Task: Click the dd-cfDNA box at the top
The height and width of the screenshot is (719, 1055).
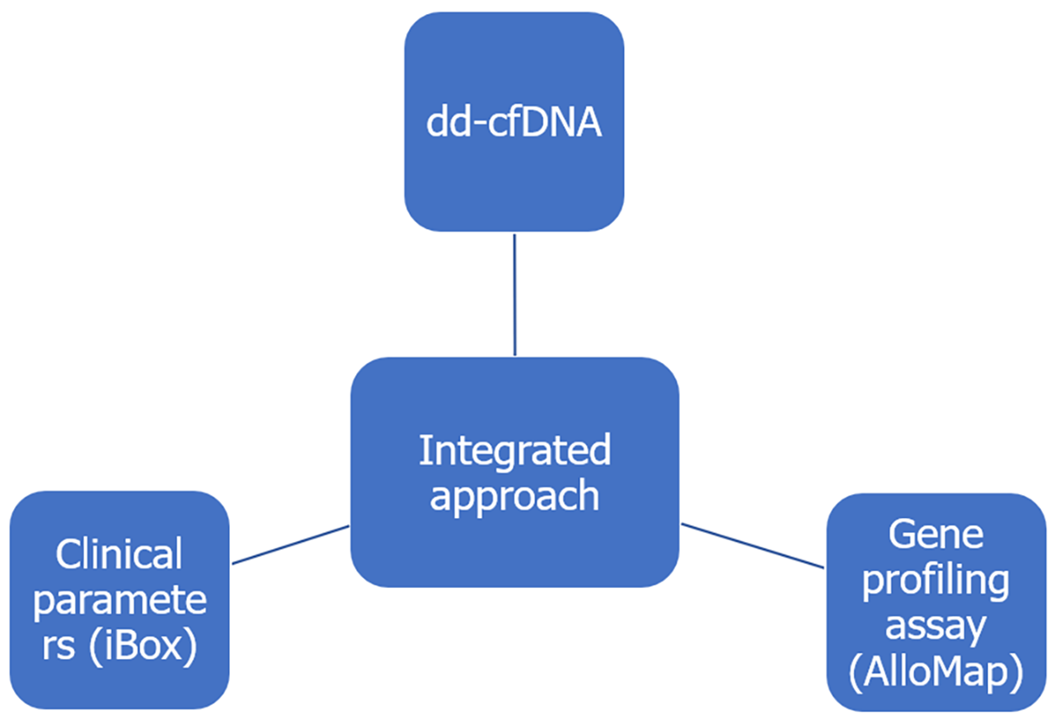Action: [513, 122]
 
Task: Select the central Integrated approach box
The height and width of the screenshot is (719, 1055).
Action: [514, 472]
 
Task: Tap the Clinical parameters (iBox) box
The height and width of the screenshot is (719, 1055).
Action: [120, 600]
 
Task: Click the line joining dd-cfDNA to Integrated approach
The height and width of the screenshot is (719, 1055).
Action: [514, 294]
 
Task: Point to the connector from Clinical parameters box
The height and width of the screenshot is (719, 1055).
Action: [290, 545]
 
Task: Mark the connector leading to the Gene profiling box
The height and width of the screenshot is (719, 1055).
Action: [752, 545]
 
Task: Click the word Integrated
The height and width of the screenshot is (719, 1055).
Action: [514, 451]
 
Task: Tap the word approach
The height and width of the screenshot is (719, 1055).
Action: [514, 496]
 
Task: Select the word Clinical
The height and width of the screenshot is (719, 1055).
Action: [120, 554]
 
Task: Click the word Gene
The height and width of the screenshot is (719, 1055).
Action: [935, 535]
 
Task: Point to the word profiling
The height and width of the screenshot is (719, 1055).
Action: [935, 581]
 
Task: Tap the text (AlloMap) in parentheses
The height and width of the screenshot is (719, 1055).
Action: [935, 673]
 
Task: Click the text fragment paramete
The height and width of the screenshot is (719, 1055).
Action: [120, 600]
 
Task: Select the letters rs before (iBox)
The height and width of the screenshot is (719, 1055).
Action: [59, 647]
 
